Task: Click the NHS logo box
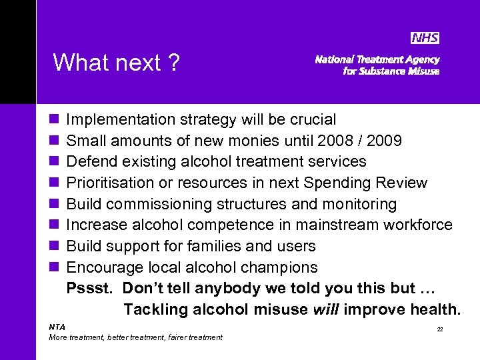(425, 38)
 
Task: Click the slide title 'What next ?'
(116, 63)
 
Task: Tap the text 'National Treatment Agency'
(377, 59)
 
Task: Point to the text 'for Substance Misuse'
(391, 71)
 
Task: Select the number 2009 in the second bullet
(382, 141)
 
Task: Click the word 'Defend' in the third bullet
(91, 162)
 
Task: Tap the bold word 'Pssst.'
(90, 289)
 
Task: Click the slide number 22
(439, 329)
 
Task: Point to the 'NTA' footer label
(57, 327)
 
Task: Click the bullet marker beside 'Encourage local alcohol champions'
(53, 267)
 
